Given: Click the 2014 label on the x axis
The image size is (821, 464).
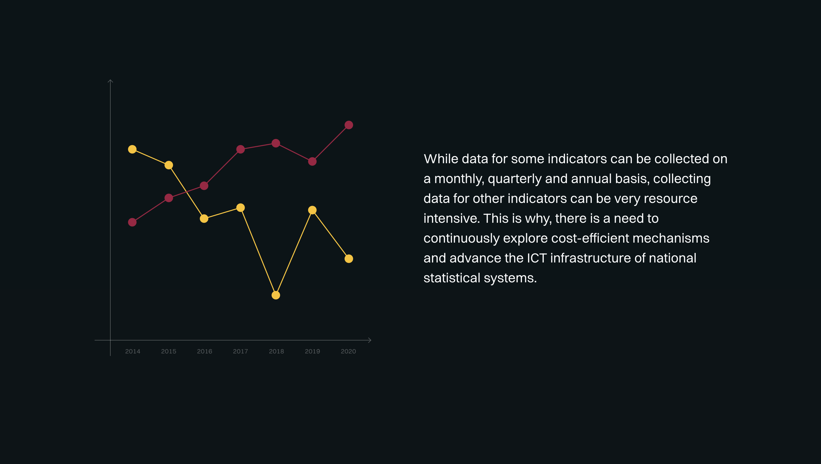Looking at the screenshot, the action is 133,351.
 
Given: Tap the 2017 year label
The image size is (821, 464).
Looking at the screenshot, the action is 240,351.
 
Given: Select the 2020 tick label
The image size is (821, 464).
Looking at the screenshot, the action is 348,351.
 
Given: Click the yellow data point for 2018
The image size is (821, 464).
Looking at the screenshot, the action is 276,295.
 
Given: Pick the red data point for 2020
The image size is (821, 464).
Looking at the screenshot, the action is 349,125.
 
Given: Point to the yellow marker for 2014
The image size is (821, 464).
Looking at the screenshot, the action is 132,149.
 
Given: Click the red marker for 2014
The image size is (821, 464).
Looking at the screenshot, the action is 132,222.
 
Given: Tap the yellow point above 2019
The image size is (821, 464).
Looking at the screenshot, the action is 313,210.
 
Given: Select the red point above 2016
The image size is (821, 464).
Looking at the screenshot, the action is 204,186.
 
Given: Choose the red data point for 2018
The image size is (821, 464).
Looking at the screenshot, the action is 276,143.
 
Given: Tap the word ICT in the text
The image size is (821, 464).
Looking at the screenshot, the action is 537,258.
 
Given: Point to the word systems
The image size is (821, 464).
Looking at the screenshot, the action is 510,278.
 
